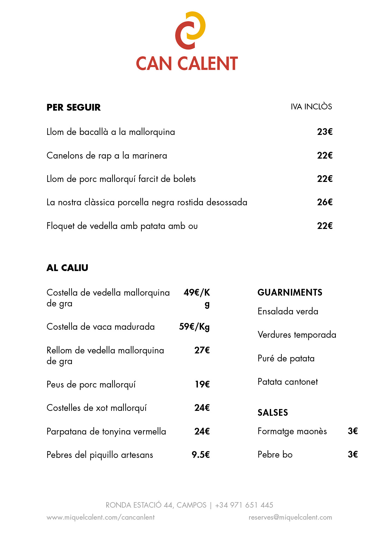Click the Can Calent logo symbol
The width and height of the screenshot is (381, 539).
(x=190, y=30)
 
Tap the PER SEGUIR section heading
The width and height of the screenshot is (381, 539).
(x=73, y=107)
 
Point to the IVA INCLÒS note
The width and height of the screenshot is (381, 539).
(x=311, y=107)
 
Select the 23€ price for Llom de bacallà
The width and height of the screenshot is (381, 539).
(x=325, y=132)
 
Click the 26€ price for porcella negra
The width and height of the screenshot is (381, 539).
(x=325, y=202)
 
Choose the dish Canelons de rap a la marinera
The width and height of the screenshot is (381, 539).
(x=107, y=155)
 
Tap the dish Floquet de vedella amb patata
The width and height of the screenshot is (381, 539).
(x=122, y=226)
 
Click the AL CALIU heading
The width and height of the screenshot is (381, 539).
(x=67, y=268)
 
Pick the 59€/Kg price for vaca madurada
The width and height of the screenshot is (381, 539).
(x=194, y=327)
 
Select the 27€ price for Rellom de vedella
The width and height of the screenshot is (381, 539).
(x=202, y=350)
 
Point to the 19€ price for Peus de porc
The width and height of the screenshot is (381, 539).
(x=202, y=384)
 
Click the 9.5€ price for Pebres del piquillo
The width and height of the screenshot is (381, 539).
(x=201, y=455)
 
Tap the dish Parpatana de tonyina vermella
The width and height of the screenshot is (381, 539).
(x=106, y=431)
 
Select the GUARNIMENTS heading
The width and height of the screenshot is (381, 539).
(x=290, y=292)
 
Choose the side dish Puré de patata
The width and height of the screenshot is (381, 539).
(x=286, y=358)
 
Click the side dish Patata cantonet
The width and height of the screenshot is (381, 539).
(x=288, y=382)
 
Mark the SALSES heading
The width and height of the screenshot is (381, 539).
(x=273, y=412)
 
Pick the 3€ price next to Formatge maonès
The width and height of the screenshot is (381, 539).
(x=353, y=431)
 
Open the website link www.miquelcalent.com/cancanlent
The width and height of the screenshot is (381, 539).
(x=100, y=517)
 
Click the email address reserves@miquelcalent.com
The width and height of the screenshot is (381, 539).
(x=290, y=517)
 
